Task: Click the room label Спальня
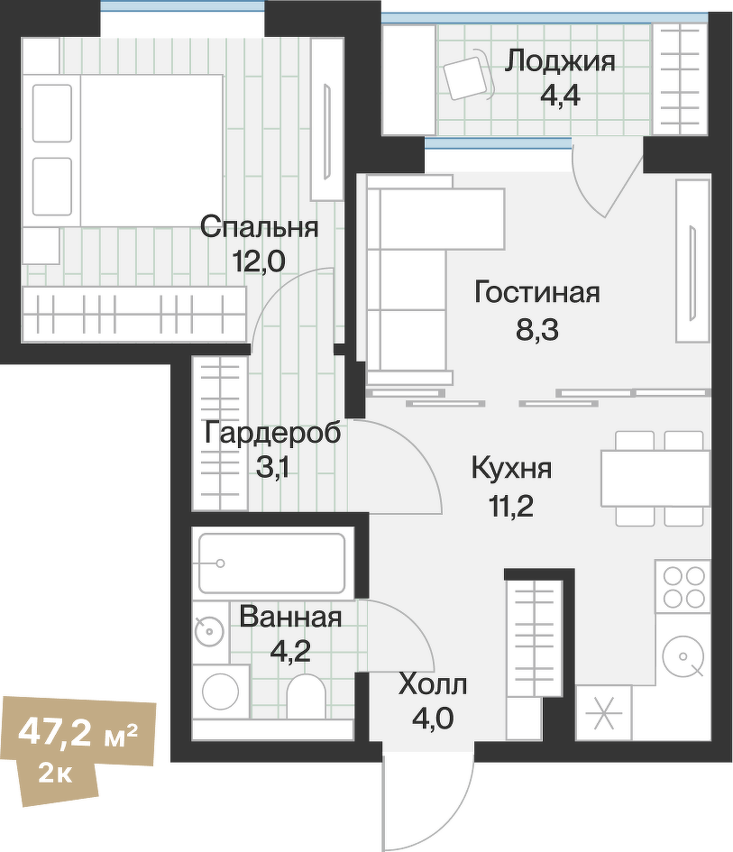click(x=259, y=226)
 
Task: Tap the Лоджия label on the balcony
click(x=559, y=61)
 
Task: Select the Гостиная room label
click(x=536, y=293)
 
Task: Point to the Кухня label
click(x=511, y=469)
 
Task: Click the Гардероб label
click(x=272, y=433)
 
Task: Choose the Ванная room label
click(x=290, y=618)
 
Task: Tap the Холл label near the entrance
click(x=433, y=685)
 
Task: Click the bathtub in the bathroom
click(x=270, y=563)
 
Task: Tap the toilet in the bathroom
click(x=305, y=698)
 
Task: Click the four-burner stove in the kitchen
click(x=683, y=586)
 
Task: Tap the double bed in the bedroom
click(x=126, y=149)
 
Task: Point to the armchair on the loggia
click(x=466, y=77)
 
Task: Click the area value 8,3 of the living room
click(x=537, y=330)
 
